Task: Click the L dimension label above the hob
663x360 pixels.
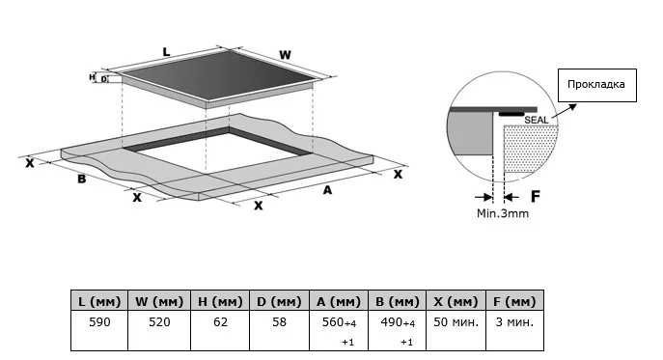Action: coord(166,52)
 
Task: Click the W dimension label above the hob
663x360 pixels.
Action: coord(285,55)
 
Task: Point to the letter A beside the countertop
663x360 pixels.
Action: coord(327,190)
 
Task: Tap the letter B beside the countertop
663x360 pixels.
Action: coord(82,179)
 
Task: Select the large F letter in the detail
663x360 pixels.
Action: coord(536,196)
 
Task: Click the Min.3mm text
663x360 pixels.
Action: coord(503,213)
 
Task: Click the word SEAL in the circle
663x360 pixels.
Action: coord(537,120)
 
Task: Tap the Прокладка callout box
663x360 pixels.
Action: coord(597,85)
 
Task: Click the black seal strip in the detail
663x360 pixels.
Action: coord(511,114)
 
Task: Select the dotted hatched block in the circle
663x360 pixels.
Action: coord(530,149)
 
